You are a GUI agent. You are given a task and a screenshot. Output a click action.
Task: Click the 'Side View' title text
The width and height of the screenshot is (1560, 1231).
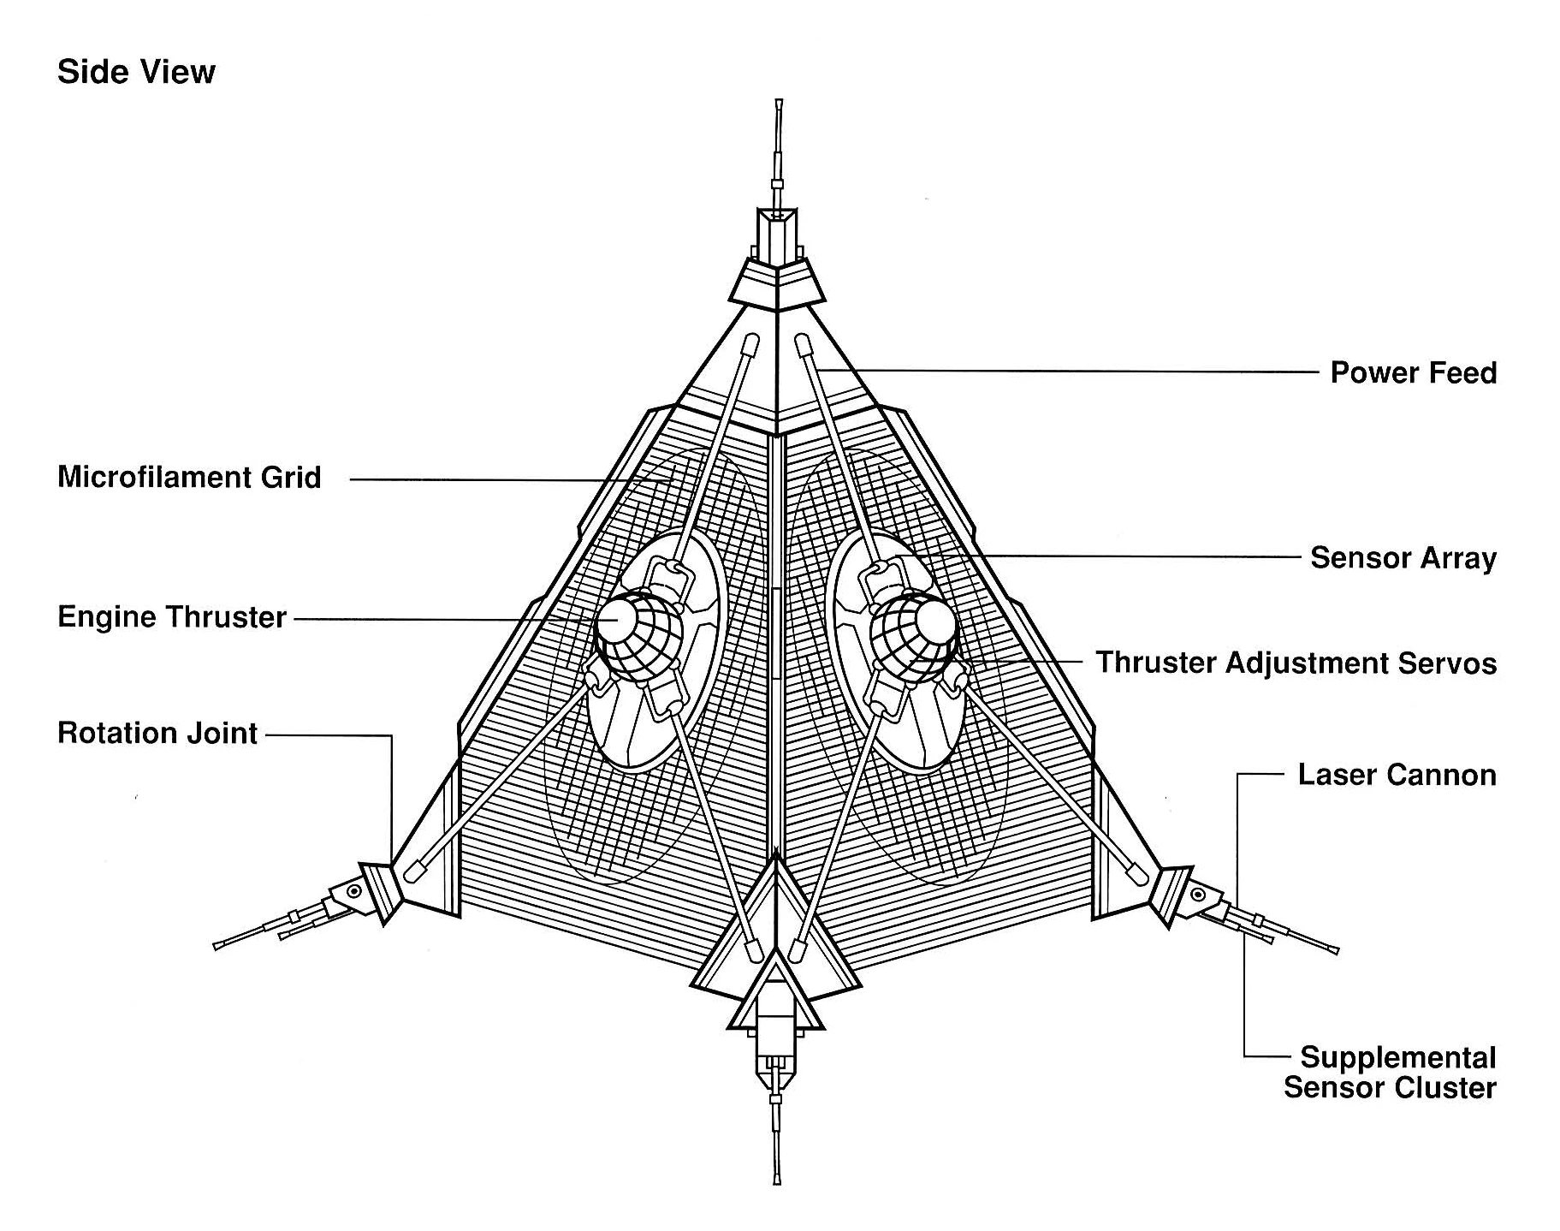136,72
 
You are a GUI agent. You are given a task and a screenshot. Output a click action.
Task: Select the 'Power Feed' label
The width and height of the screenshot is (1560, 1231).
1413,372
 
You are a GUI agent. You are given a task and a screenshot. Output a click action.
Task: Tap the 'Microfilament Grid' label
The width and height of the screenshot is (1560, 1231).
189,477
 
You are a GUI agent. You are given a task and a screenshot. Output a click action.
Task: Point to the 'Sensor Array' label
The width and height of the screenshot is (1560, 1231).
1403,557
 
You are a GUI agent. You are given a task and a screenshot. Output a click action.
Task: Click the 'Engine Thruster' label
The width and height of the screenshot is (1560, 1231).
171,616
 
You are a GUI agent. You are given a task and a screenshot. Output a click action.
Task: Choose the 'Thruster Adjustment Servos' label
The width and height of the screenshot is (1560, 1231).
1296,663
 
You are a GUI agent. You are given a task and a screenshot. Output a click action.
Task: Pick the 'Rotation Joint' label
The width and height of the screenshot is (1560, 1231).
157,733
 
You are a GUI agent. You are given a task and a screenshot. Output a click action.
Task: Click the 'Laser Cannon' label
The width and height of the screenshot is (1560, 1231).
1397,775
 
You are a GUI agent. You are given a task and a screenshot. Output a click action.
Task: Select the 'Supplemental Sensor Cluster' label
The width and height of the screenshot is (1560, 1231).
1391,1072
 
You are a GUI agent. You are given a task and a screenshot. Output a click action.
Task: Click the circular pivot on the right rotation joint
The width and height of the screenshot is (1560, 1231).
1198,896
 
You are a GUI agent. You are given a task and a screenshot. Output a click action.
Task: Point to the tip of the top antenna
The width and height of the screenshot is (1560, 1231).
779,104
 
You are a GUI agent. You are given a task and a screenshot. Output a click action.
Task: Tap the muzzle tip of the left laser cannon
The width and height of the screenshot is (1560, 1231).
217,945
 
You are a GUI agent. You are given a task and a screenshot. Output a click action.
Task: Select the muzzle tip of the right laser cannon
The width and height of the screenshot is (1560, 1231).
1334,950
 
